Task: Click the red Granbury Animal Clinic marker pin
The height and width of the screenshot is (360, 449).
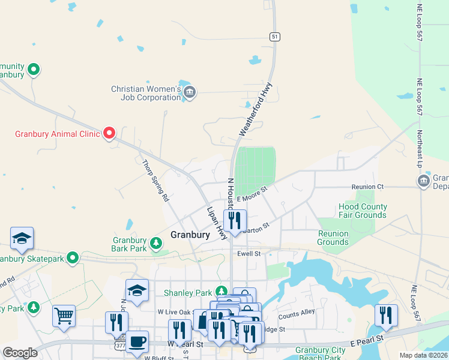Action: tap(109, 133)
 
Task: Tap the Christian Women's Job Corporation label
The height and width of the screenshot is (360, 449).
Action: tap(146, 93)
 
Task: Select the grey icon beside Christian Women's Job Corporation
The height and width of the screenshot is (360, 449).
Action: tap(190, 92)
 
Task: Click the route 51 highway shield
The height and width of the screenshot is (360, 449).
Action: tap(274, 37)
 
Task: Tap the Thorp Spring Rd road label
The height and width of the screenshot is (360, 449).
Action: tap(155, 179)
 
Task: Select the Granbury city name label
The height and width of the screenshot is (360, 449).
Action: tap(190, 235)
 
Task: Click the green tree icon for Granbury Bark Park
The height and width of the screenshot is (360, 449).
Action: tap(156, 243)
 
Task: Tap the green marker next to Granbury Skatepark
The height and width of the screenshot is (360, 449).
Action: tap(73, 258)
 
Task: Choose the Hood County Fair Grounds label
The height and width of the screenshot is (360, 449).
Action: tap(362, 211)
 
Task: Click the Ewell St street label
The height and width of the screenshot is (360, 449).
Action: tap(248, 254)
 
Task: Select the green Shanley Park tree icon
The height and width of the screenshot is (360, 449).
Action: tap(222, 292)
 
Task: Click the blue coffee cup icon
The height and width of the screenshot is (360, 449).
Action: tap(137, 341)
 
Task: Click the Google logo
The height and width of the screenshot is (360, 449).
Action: tap(20, 353)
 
